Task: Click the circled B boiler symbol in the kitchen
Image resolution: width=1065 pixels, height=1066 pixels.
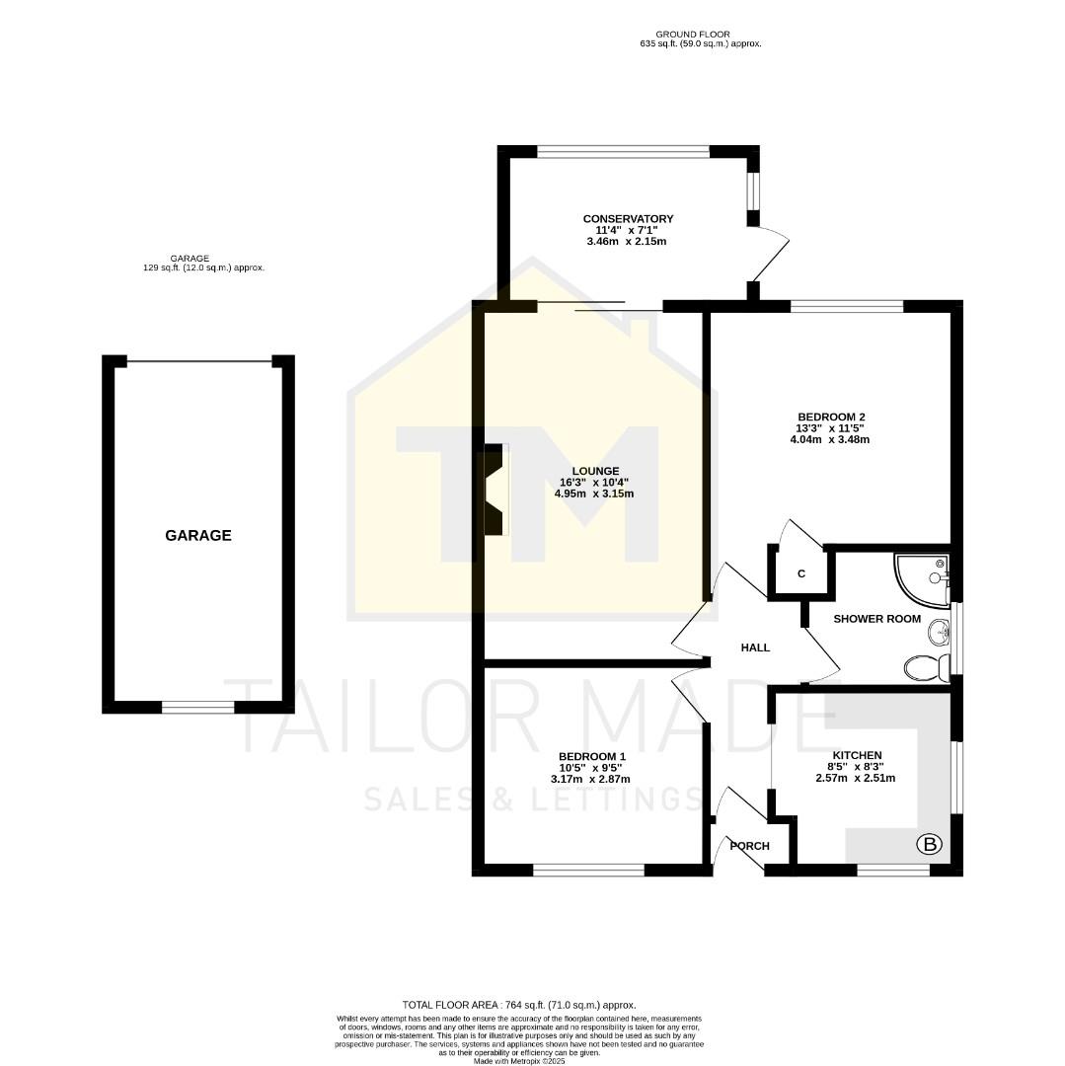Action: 929,844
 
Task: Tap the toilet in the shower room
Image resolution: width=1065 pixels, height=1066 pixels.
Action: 926,668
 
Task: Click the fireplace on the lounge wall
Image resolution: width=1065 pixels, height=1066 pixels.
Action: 494,490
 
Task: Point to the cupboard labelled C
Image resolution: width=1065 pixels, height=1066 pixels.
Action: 800,573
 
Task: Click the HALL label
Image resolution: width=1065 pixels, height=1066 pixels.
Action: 755,647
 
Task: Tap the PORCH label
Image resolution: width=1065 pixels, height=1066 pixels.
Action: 749,846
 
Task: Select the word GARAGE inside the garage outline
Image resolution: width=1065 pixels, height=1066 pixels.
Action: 198,535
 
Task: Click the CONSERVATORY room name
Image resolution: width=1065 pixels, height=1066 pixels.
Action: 628,218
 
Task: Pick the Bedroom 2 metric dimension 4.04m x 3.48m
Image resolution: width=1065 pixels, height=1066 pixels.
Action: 829,439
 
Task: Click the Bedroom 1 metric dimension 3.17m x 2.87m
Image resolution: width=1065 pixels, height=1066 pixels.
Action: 590,779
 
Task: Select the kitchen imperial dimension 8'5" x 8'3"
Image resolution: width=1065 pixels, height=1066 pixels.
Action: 856,766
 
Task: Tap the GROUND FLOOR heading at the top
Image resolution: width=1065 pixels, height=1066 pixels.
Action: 700,35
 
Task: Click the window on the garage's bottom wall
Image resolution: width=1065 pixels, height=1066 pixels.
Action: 198,707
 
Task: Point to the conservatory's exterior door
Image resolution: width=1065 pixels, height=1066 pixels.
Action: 770,253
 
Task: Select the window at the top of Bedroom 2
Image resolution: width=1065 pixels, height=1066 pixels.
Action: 847,307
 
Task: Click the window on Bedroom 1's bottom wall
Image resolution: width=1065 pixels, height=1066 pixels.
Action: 588,871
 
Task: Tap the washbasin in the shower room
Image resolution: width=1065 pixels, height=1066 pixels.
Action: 939,631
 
